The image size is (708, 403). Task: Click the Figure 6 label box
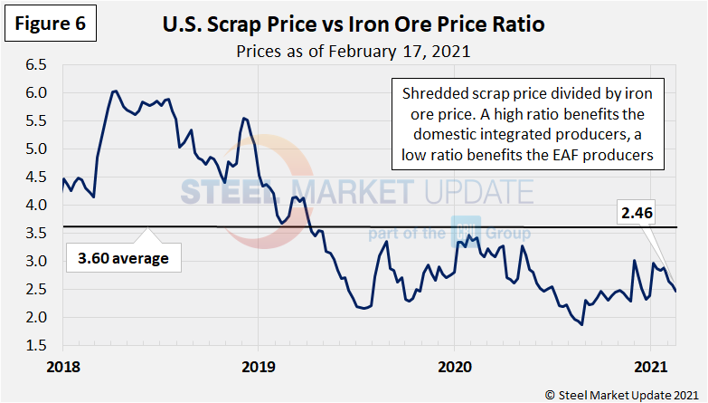click(52, 24)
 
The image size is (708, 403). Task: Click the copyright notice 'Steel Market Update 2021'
click(622, 394)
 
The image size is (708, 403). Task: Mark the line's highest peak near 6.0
click(115, 91)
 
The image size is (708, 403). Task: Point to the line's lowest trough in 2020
click(581, 324)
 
